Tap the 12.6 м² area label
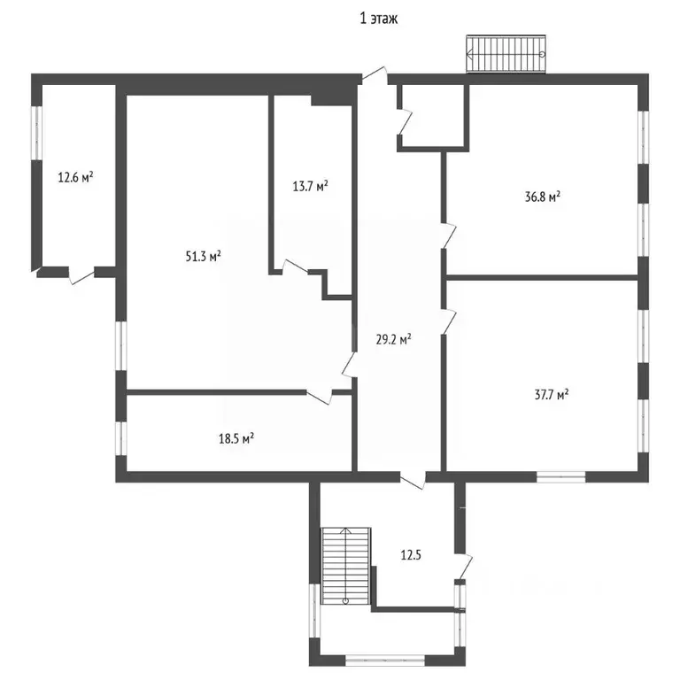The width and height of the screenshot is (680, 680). (76, 177)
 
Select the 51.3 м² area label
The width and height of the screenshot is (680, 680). (203, 257)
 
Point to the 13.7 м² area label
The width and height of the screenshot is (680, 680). (311, 186)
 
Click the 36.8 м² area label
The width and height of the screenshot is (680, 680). (542, 197)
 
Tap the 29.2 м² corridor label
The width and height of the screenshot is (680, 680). (393, 339)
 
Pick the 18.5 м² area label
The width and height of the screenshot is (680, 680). (236, 437)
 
